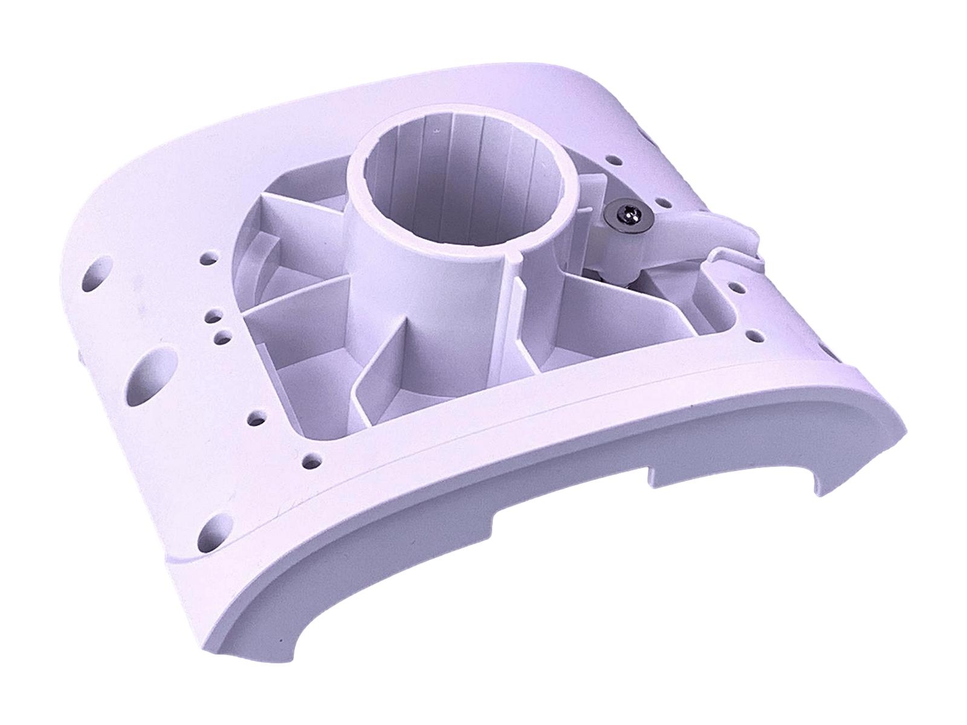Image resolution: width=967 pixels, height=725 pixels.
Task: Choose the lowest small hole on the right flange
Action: click(x=753, y=335)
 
